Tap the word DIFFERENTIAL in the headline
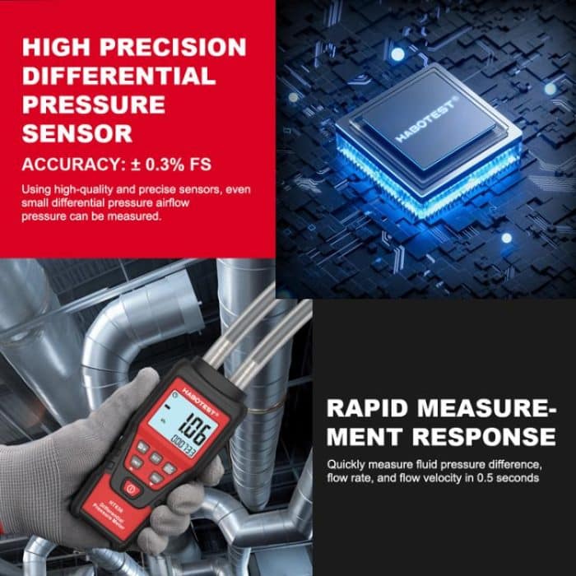(118, 77)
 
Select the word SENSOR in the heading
(77, 133)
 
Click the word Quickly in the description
(348, 463)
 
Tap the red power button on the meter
(132, 487)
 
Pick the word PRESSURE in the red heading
(94, 105)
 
